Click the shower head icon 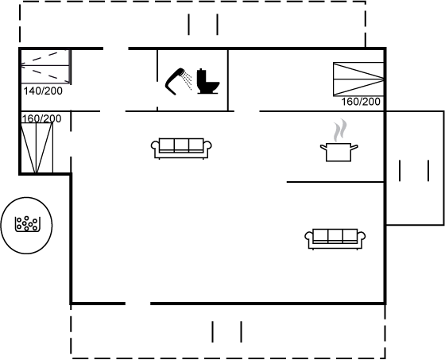pos(174,82)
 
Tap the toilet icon pos(208,81)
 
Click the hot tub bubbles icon pos(27,224)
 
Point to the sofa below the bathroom pos(181,149)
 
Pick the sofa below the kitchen pos(335,239)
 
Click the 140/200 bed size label pos(43,91)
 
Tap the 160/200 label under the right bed pos(361,102)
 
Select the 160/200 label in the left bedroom pos(41,118)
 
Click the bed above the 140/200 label pos(45,67)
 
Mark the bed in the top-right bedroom pos(358,79)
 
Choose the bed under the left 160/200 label pos(37,148)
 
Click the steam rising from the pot pos(340,130)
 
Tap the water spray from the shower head pos(188,80)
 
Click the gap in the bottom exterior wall pos(137,304)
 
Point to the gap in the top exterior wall pos(116,48)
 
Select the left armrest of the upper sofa pos(154,145)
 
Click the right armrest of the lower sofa pos(362,236)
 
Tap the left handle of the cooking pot pos(323,147)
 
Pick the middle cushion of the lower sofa pos(335,236)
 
